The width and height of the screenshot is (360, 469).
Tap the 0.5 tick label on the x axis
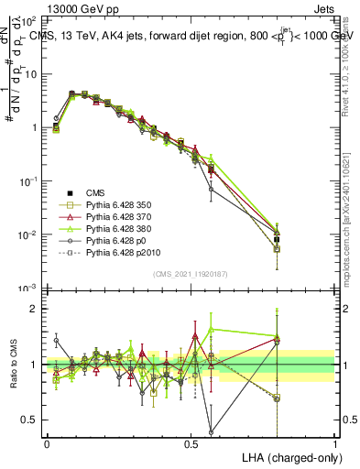191,442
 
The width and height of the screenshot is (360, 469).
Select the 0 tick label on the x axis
47,442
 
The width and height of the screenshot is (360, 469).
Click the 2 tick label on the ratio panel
32,309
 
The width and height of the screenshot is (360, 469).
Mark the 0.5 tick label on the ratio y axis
27,420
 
